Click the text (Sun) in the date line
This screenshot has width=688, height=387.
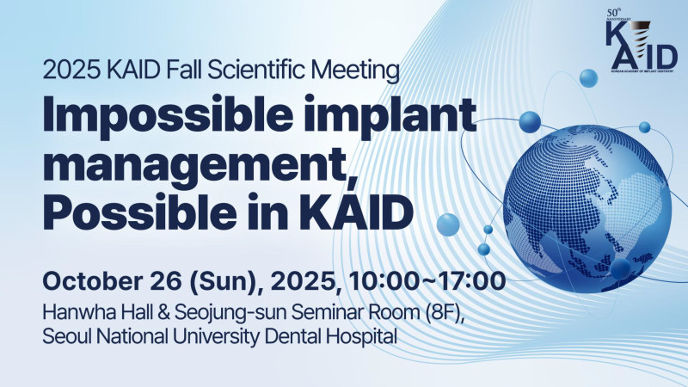(223, 282)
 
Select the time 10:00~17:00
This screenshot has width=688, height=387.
(427, 281)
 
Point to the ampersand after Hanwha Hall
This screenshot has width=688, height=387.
(163, 312)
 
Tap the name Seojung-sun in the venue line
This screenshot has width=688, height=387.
(230, 313)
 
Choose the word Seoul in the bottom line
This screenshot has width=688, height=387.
(67, 336)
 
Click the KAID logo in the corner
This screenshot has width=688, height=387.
(641, 40)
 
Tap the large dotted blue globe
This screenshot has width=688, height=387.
(587, 209)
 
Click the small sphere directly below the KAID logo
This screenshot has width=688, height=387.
(588, 78)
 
